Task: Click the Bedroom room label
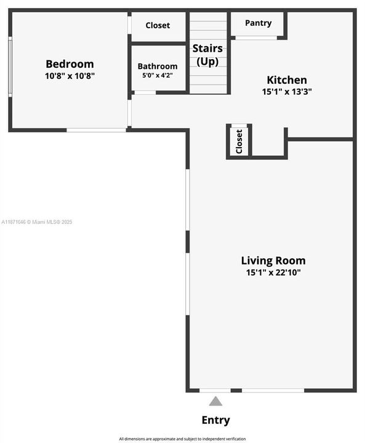(70, 64)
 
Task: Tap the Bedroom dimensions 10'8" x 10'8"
(70, 76)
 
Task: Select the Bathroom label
(158, 66)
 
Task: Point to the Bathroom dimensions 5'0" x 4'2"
(158, 76)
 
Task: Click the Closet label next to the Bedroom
(158, 26)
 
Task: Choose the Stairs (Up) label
(207, 55)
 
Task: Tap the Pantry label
(258, 23)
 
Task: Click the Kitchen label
(286, 80)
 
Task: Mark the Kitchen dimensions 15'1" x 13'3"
(286, 91)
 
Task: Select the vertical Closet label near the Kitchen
(239, 141)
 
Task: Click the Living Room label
(273, 260)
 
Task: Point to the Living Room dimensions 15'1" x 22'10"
(273, 272)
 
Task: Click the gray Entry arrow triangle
(215, 401)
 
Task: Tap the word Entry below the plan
(215, 420)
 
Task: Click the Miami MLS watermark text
(37, 221)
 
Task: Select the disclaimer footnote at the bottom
(182, 439)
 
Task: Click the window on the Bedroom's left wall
(10, 66)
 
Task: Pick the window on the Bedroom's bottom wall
(96, 130)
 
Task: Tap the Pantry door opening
(256, 38)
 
